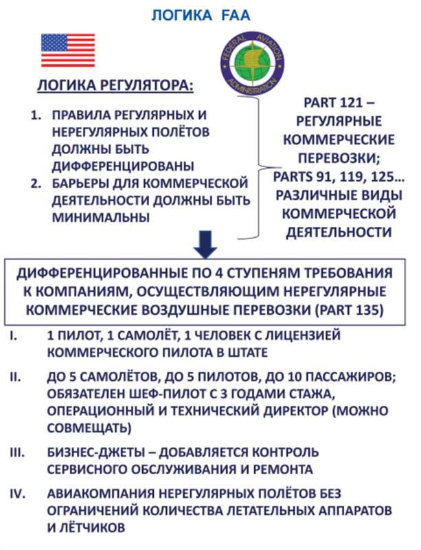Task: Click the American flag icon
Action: coord(67,50)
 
